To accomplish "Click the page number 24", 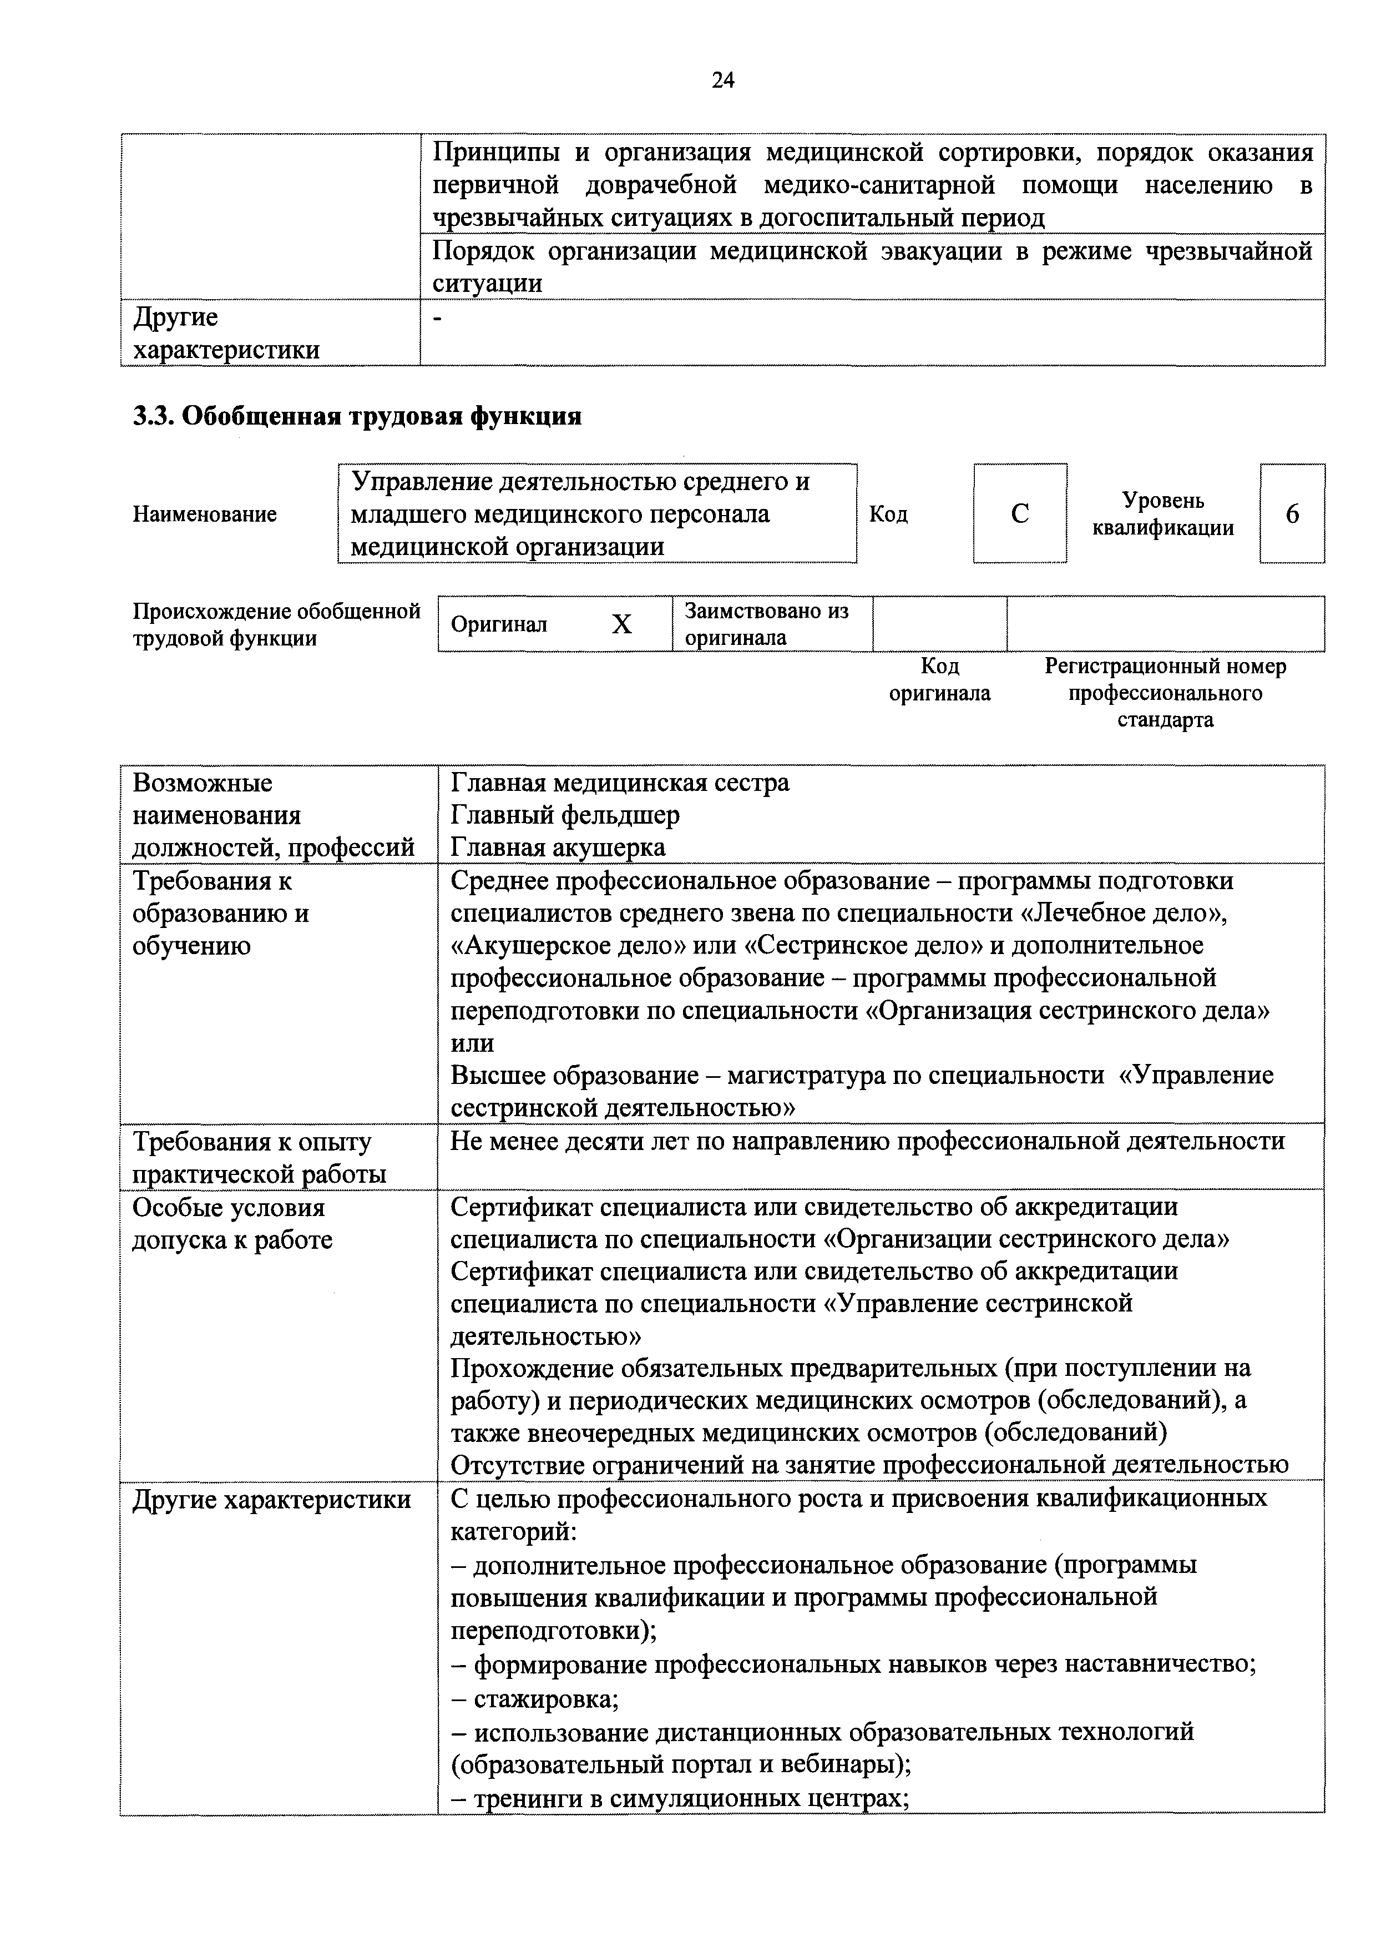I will pos(722,80).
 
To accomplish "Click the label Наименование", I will pos(204,514).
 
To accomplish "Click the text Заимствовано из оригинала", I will pos(766,624).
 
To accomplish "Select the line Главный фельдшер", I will pos(565,815).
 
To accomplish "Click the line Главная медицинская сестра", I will pos(620,782).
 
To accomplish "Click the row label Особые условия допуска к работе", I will pos(232,1223).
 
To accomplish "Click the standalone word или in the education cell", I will pos(472,1043).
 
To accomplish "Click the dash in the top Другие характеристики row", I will pos(437,317).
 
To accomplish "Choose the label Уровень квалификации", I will pos(1162,514).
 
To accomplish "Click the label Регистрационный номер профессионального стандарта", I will pos(1165,693).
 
